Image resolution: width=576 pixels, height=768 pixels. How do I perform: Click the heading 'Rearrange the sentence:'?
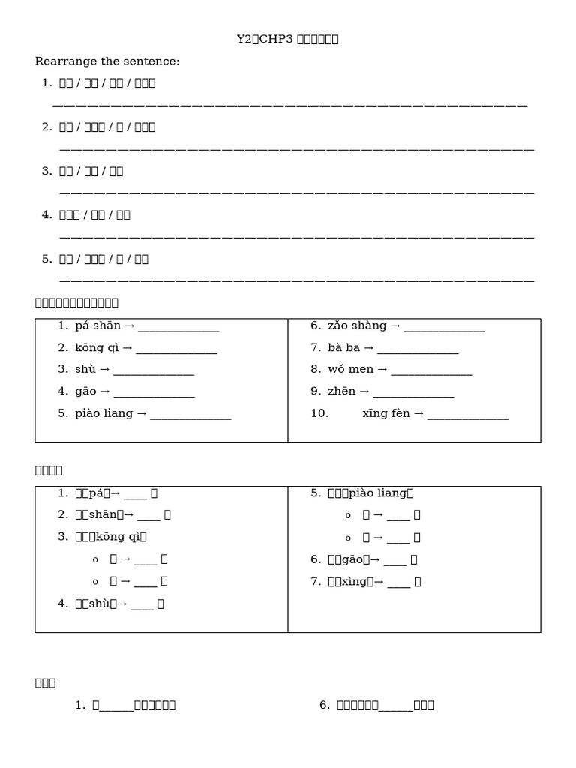click(x=107, y=61)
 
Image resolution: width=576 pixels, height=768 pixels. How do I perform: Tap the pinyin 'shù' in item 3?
click(x=82, y=370)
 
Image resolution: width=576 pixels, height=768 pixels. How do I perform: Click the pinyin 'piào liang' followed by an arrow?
click(x=103, y=413)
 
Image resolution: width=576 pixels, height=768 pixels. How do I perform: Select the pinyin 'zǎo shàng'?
click(x=357, y=325)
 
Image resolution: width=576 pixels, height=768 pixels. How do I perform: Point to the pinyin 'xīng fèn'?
click(x=386, y=413)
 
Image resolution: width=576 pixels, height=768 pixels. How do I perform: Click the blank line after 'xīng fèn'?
click(x=468, y=415)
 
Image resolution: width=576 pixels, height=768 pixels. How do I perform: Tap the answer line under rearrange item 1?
click(x=290, y=104)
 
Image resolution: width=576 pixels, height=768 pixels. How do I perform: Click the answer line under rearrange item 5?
click(x=296, y=280)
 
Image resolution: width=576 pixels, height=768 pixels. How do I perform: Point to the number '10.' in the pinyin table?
click(x=319, y=413)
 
